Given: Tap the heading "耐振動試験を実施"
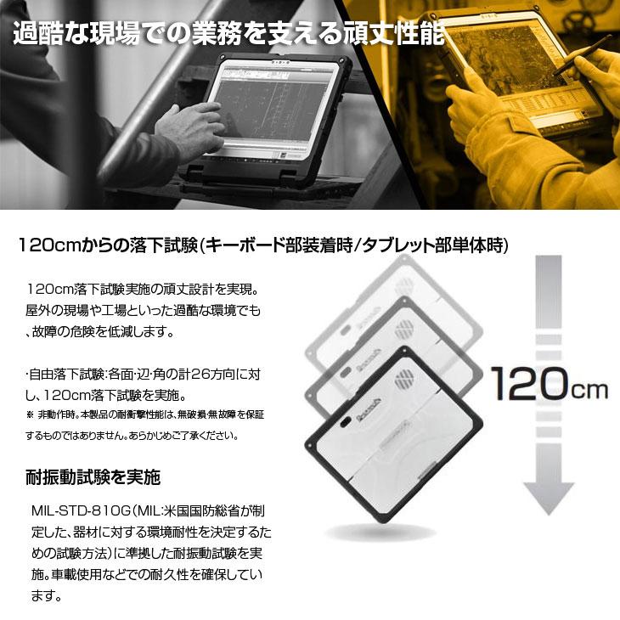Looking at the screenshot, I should click(x=93, y=477).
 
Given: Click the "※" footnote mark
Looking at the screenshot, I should click(x=31, y=416).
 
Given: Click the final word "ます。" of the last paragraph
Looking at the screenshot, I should click(x=48, y=595).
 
